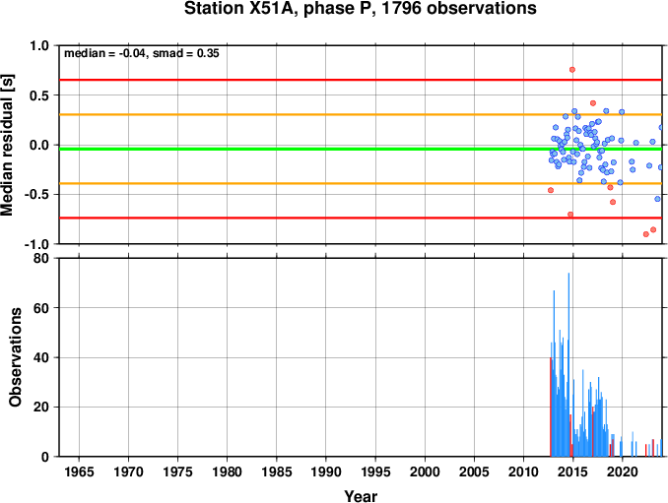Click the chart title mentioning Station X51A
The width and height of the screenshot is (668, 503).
point(360,8)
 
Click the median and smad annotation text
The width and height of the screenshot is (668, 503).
point(142,53)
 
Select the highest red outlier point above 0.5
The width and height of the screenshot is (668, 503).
point(572,69)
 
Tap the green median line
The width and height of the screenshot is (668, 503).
point(361,149)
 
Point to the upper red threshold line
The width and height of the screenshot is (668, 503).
point(361,80)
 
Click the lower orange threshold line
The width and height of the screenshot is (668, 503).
point(361,183)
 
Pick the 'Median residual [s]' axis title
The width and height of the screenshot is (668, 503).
point(7,145)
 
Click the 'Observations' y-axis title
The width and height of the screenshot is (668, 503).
point(16,357)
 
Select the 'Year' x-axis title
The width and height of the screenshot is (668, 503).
point(361,496)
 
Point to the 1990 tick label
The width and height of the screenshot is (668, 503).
point(326,472)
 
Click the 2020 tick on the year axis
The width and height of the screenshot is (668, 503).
point(623,472)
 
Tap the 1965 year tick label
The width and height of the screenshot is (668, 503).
point(79,472)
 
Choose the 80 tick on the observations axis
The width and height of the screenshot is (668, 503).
point(41,258)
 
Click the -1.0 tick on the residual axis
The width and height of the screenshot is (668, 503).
point(36,244)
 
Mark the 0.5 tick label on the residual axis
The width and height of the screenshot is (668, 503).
point(39,95)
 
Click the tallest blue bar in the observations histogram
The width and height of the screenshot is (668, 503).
point(568,364)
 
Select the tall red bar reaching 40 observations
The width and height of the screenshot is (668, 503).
point(551,407)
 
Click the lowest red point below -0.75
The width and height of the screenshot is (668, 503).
point(646,234)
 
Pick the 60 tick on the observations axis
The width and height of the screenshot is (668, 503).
point(41,308)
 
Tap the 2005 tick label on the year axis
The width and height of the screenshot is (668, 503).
point(474,472)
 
